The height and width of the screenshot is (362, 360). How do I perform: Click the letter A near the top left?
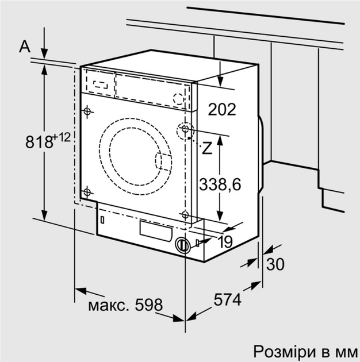click(x=24, y=47)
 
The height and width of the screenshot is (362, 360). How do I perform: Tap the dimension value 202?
click(x=221, y=109)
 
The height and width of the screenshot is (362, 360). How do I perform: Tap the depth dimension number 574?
click(x=227, y=299)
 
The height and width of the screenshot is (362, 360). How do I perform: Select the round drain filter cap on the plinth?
click(x=183, y=245)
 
